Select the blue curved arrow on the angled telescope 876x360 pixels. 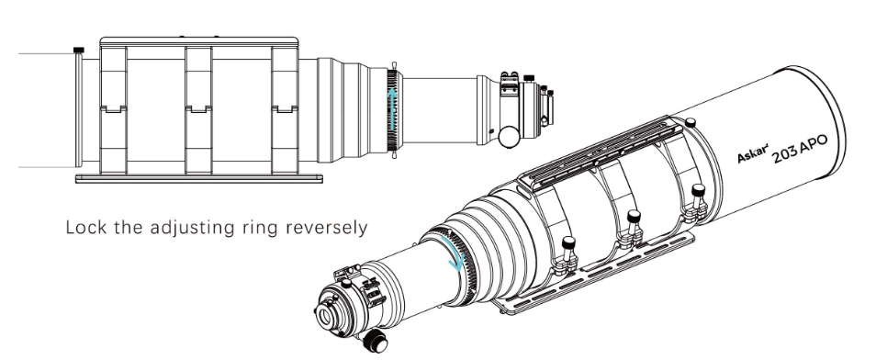click(x=454, y=253)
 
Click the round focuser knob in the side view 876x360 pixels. click(x=509, y=137)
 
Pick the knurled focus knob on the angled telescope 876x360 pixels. click(x=375, y=341)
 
